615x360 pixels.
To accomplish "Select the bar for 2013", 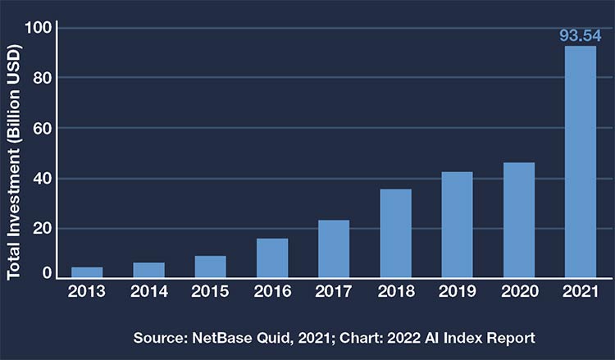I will (87, 272).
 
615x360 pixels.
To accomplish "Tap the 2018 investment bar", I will (395, 234).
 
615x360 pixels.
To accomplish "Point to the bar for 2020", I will (519, 221).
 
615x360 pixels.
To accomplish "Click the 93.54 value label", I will (581, 35).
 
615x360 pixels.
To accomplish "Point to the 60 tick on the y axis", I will (41, 129).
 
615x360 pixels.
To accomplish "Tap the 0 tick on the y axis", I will (48, 274).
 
